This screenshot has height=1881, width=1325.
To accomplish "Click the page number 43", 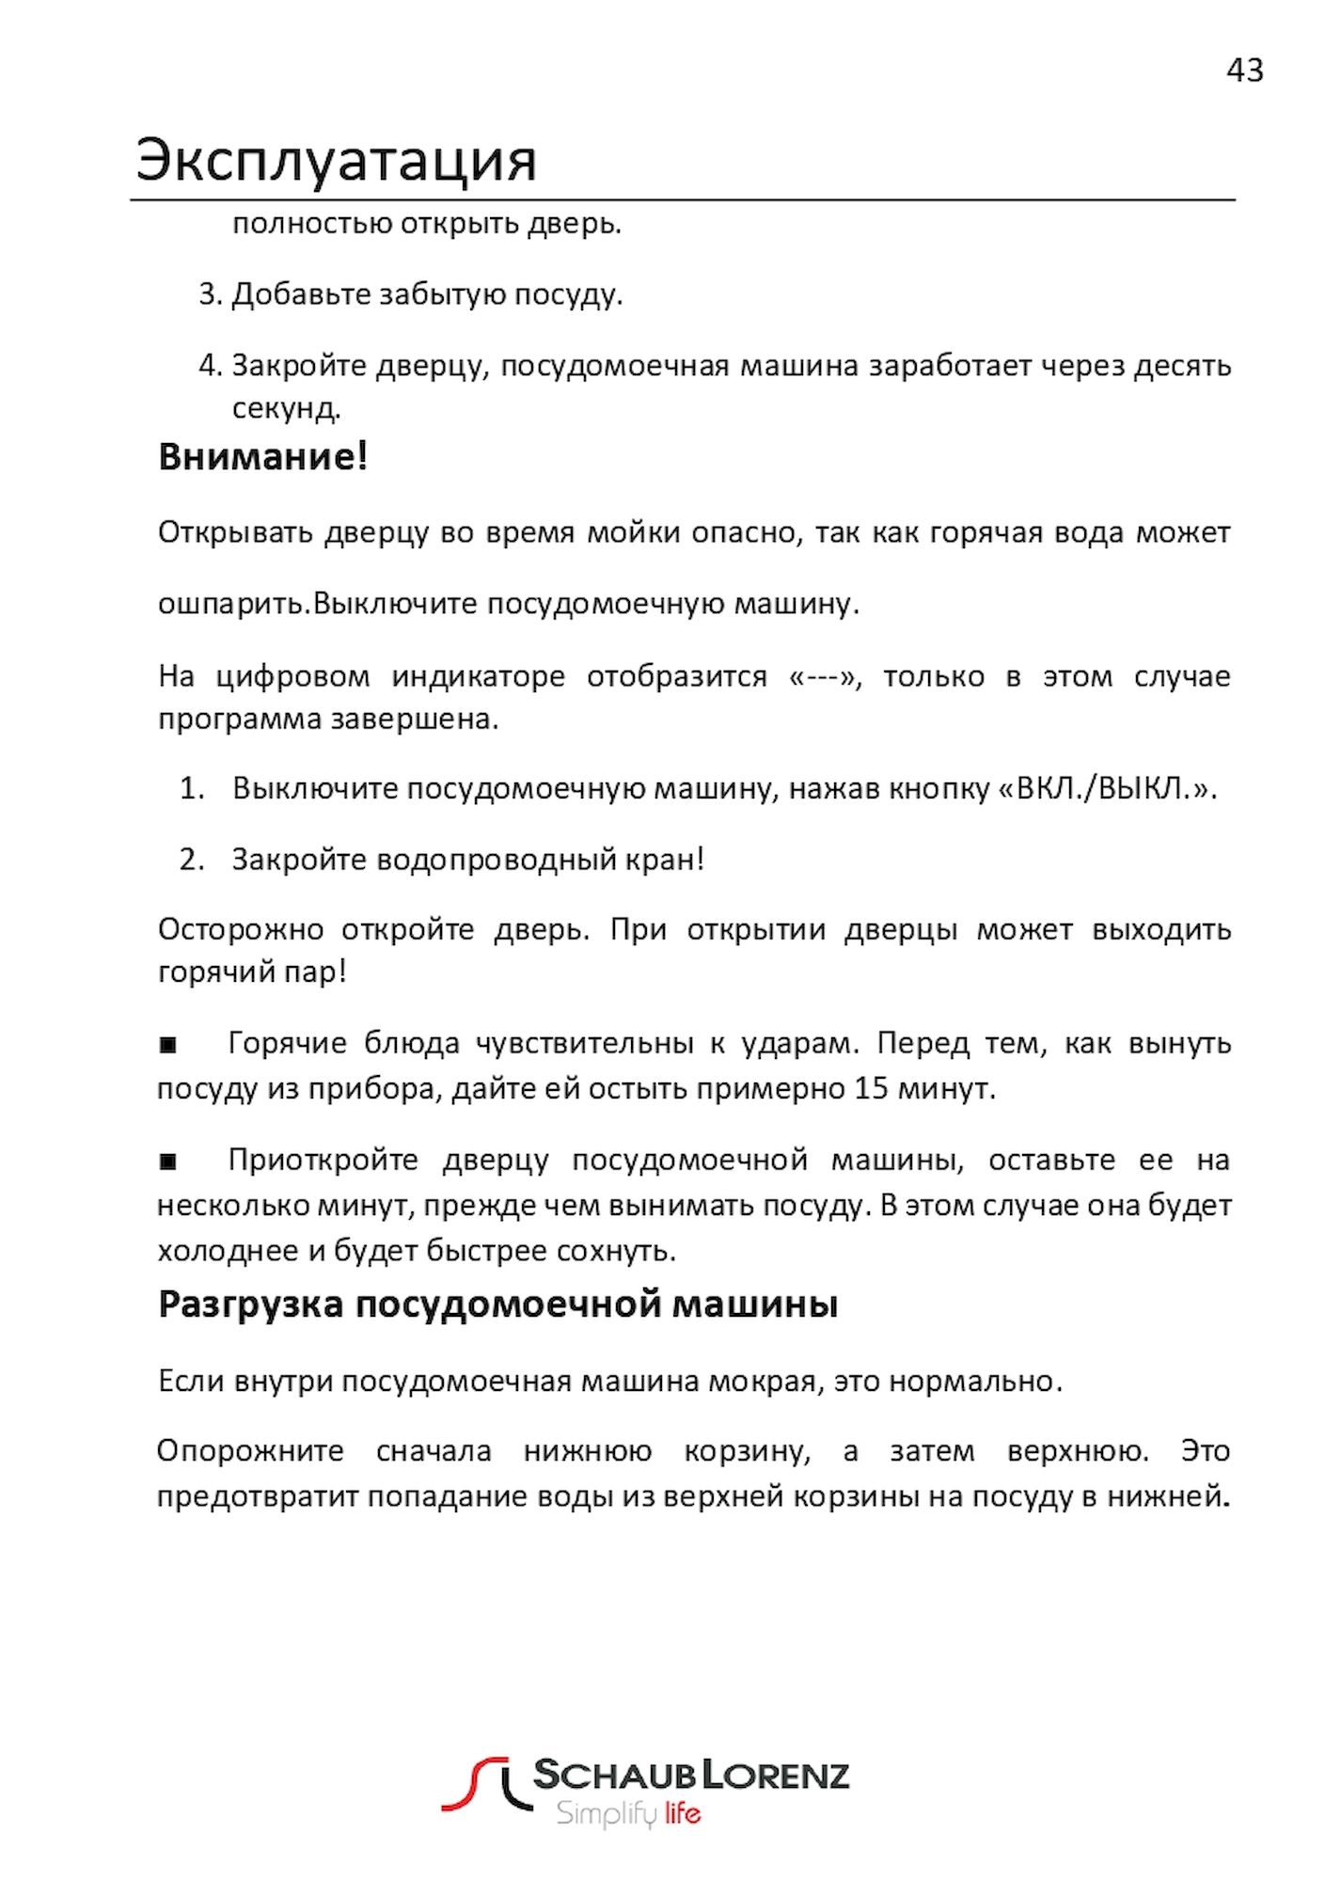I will pos(1244,71).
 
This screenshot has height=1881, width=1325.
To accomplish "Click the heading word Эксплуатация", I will pos(336,160).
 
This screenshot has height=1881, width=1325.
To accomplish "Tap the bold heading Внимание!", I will pos(262,457).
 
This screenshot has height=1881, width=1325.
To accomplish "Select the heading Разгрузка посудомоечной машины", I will pos(497,1304).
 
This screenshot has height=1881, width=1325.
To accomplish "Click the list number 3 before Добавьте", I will pos(208,294).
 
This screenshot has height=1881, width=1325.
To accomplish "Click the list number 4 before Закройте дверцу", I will pos(208,365).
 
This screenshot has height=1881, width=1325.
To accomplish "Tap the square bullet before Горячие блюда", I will pos(168,1044).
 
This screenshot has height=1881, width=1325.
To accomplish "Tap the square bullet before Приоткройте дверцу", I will pos(168,1162).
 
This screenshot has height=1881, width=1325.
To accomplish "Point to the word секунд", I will pos(286,408).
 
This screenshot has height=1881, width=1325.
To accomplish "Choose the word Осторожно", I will pos(241,930).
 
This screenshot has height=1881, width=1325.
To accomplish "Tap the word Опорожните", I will pos(250,1450).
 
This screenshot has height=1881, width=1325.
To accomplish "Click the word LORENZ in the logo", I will pos(775,1775).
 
